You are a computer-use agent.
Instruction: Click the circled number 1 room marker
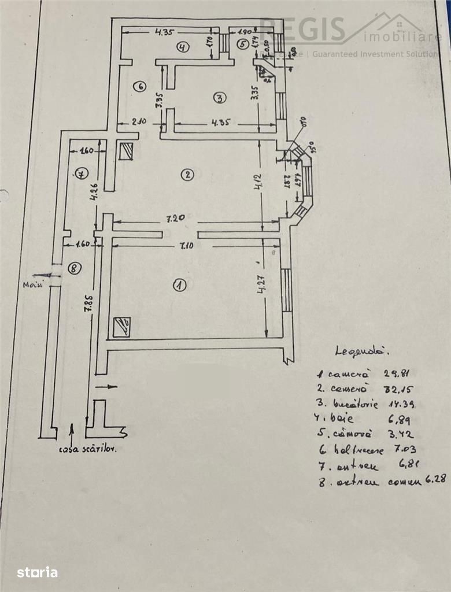(x=180, y=284)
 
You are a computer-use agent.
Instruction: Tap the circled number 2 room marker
(x=186, y=174)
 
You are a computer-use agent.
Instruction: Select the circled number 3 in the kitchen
(x=219, y=98)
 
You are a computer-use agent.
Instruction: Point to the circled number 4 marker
(x=183, y=47)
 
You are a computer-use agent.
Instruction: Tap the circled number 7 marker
(x=80, y=172)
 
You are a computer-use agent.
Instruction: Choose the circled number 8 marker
(x=73, y=268)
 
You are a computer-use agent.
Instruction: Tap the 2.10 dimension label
(x=138, y=122)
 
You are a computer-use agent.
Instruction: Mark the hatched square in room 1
(x=122, y=327)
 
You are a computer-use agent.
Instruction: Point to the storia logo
(x=38, y=572)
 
